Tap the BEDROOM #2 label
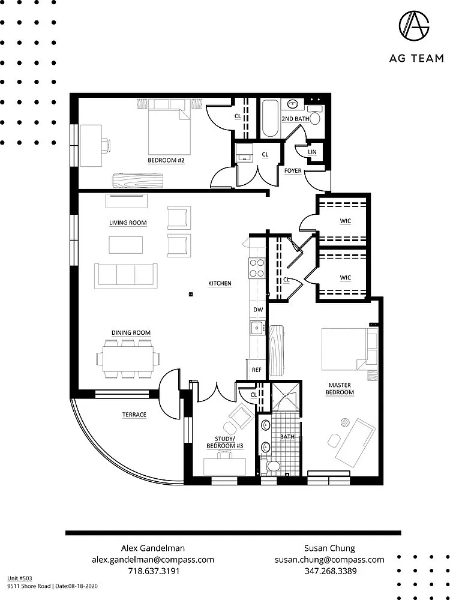point(166,161)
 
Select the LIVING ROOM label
point(128,223)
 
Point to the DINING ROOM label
point(131,333)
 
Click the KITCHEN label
point(220,283)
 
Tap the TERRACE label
point(134,415)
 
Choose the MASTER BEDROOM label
point(340,388)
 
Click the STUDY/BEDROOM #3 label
point(220,442)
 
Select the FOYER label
point(293,170)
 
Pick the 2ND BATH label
point(295,119)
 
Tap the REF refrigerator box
point(257,370)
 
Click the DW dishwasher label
point(258,310)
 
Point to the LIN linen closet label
point(312,152)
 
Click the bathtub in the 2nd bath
point(268,119)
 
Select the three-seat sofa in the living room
point(125,274)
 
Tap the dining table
point(128,359)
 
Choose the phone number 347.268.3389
point(329,571)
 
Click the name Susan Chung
point(329,548)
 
